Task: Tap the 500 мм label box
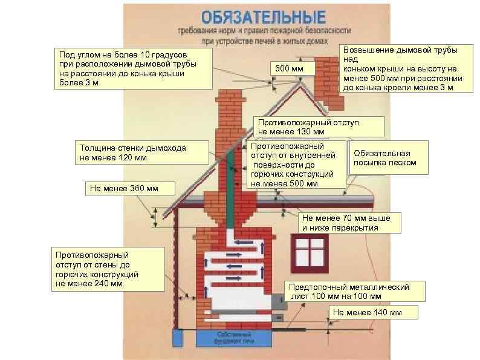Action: [290, 69]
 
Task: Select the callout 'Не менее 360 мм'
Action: [123, 188]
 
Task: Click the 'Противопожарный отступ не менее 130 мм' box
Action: [318, 127]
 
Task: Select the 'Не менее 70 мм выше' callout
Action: [350, 223]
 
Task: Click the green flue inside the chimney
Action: [232, 187]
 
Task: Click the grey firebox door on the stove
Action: [277, 301]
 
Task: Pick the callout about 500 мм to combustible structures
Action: [297, 165]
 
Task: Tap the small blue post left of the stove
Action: [178, 337]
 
